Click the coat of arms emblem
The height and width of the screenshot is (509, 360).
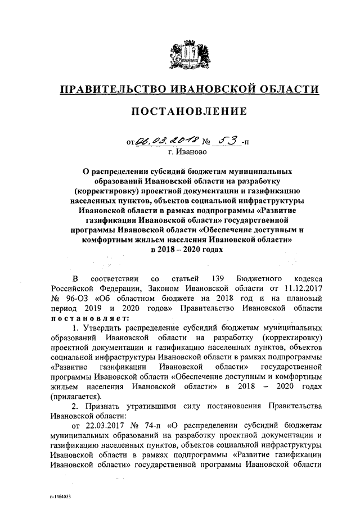pyautogui.click(x=190, y=54)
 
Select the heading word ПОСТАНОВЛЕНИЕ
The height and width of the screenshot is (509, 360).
pyautogui.click(x=189, y=112)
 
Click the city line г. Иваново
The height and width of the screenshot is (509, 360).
pyautogui.click(x=188, y=151)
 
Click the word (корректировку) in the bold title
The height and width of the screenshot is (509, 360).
pyautogui.click(x=120, y=190)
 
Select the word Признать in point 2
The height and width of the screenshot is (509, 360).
pyautogui.click(x=102, y=406)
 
